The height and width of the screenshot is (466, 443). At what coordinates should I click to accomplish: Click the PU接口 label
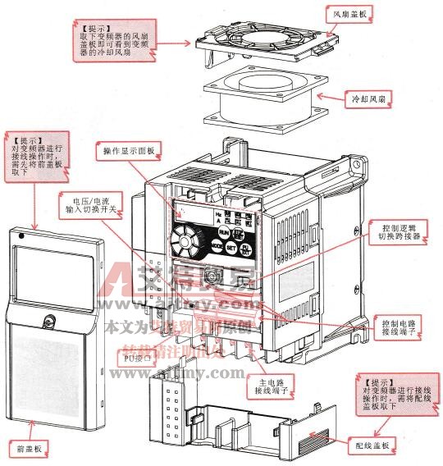[x=138, y=359]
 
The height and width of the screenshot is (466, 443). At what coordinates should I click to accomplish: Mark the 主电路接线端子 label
[x=272, y=385]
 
